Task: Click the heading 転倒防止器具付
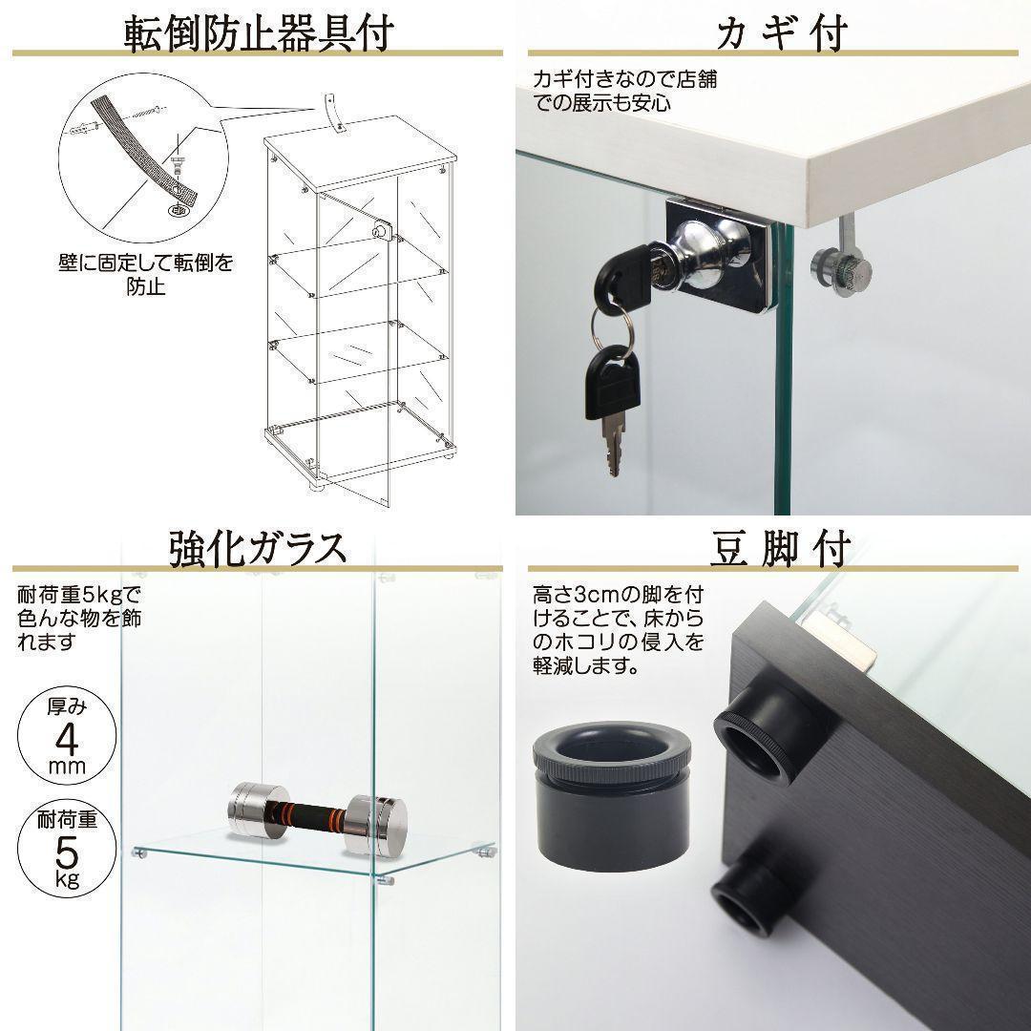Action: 259,32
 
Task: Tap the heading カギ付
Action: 782,32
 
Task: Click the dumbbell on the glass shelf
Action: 318,818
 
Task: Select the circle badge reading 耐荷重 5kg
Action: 67,849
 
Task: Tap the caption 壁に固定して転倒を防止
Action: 145,274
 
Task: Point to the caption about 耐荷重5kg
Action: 79,619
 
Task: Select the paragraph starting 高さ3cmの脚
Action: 618,630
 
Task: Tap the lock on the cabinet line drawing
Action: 381,230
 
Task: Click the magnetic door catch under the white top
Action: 841,263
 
